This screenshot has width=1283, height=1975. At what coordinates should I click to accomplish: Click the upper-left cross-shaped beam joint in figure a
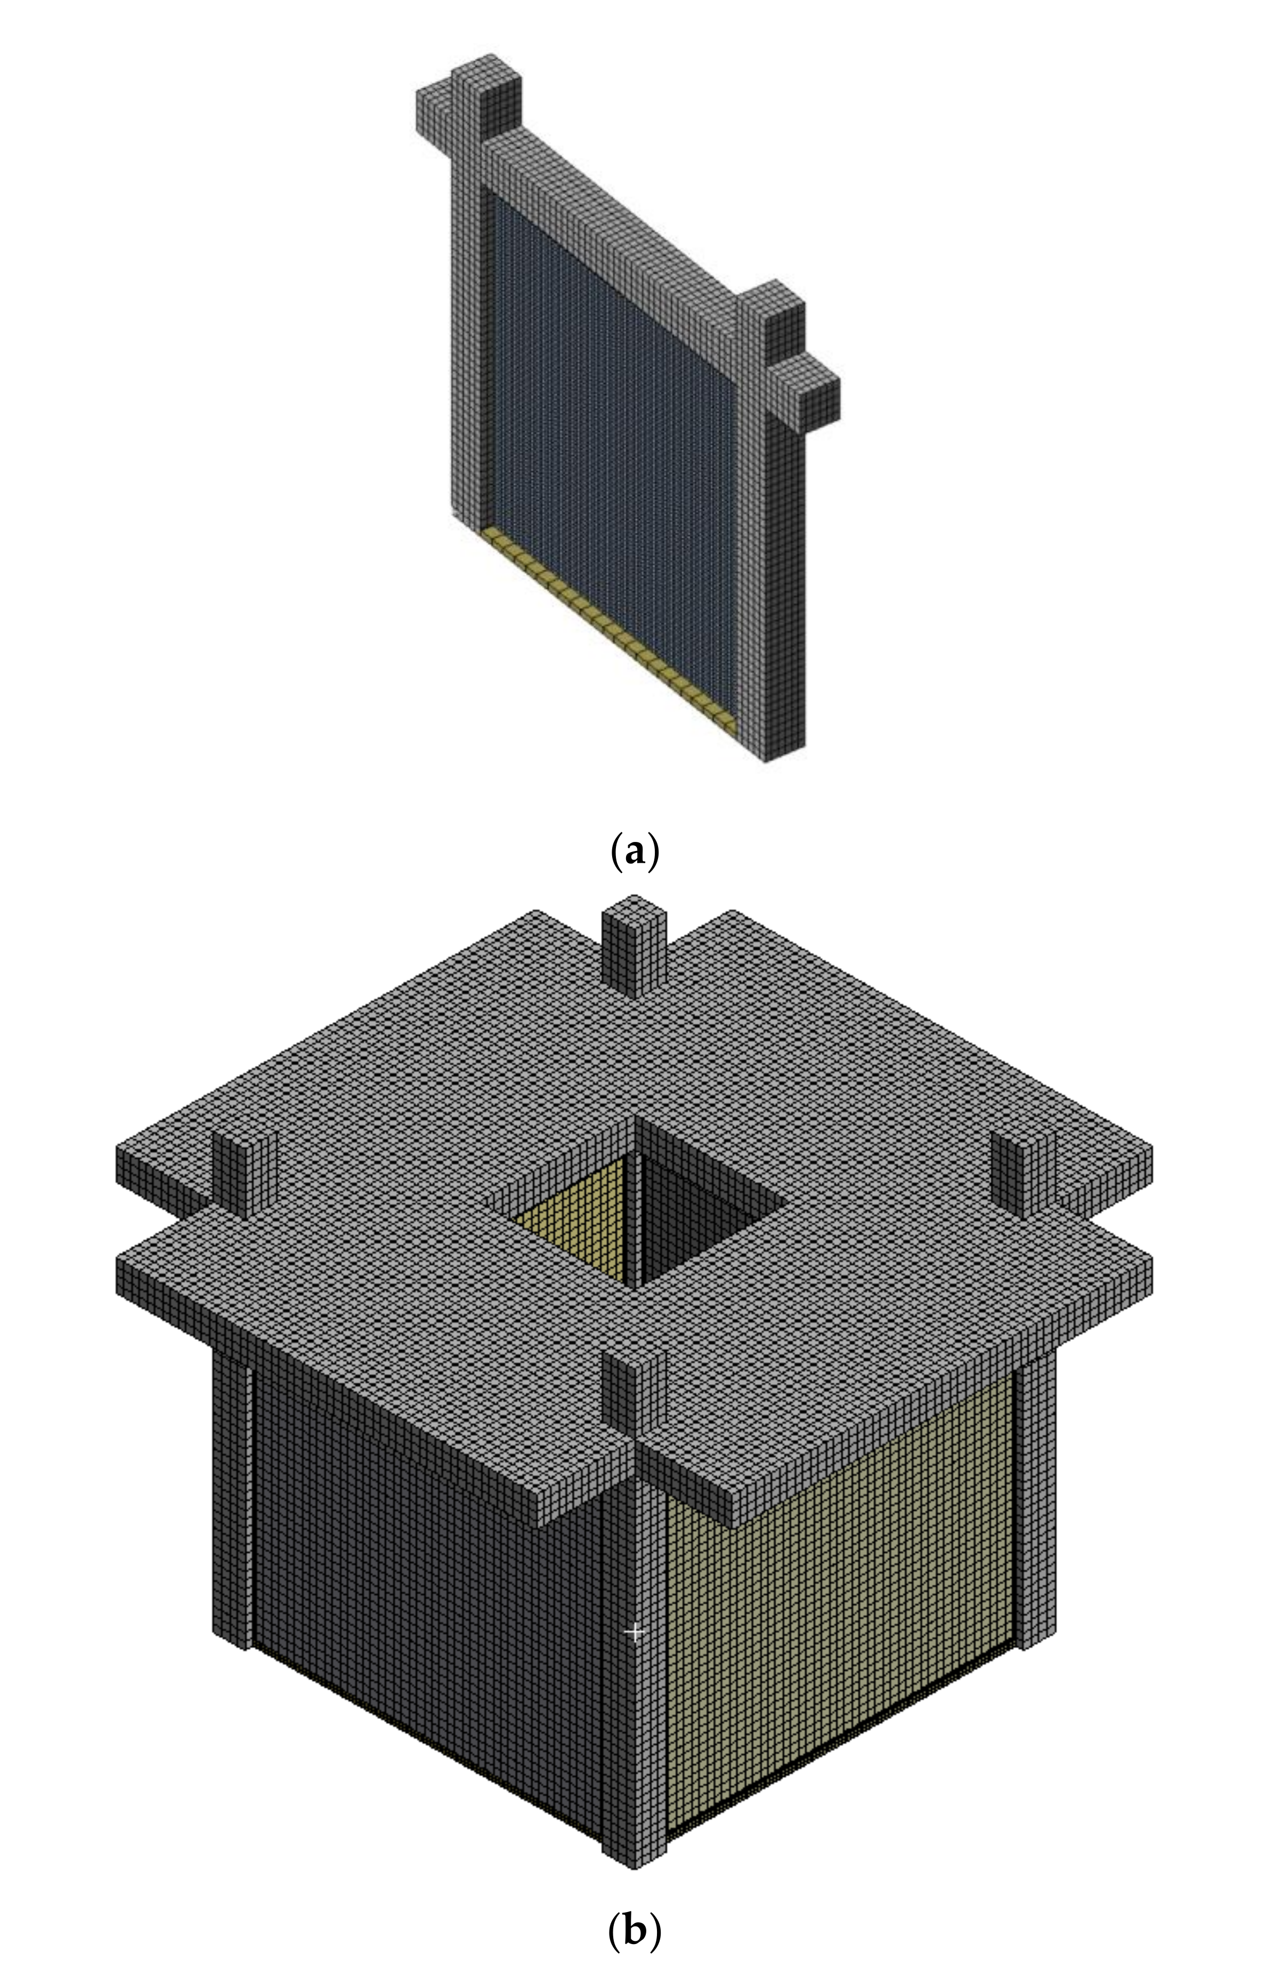[x=468, y=112]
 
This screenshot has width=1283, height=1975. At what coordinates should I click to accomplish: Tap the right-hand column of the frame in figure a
[x=784, y=581]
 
